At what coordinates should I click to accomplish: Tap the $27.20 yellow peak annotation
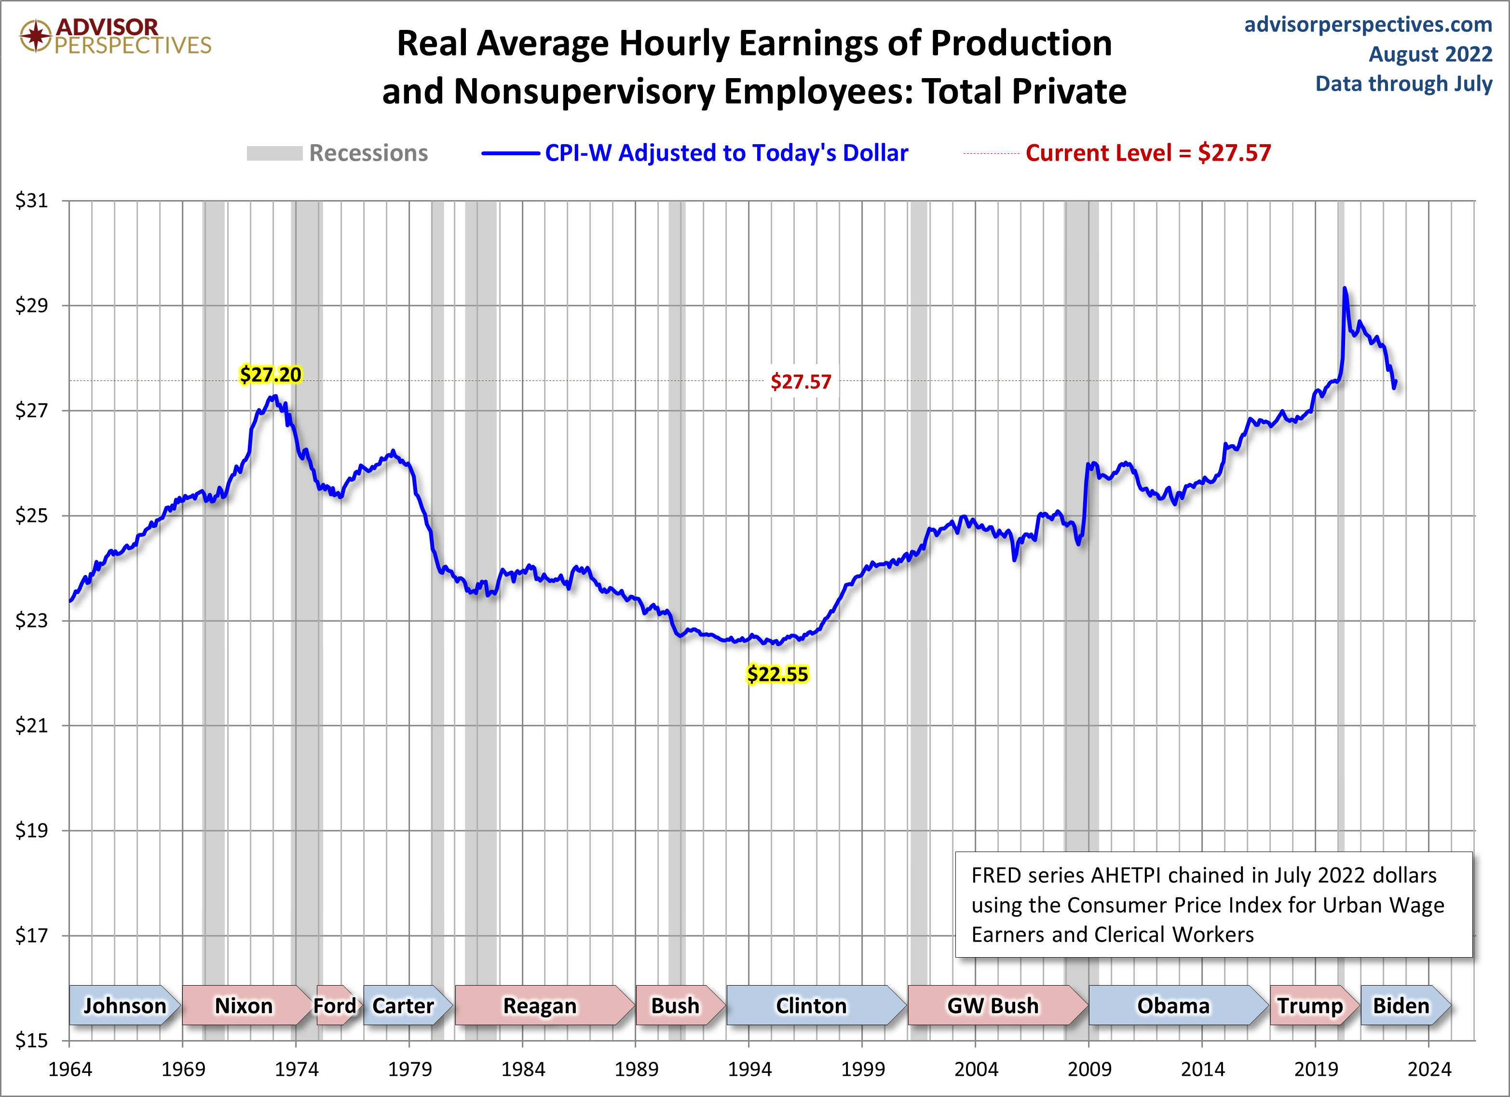click(270, 375)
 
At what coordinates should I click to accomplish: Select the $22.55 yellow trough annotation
click(777, 674)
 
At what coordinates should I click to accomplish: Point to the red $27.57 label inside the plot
click(801, 382)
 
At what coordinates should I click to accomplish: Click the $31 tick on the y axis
click(31, 201)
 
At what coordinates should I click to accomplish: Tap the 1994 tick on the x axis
click(749, 1069)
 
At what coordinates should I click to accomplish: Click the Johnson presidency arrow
click(124, 1005)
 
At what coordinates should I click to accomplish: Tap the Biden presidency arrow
click(1401, 1005)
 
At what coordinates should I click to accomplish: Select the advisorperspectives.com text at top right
click(1368, 25)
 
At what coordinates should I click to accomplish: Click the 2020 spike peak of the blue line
click(1345, 289)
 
